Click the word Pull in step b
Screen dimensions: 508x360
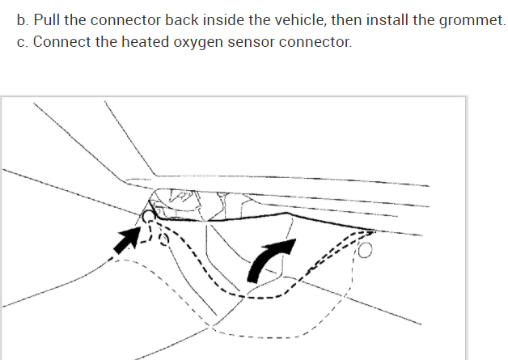coord(46,19)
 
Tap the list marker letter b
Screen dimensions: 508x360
coord(21,19)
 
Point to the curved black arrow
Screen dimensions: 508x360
coord(267,257)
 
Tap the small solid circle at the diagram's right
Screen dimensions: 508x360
coord(365,252)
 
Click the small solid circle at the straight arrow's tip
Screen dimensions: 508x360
coord(149,216)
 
